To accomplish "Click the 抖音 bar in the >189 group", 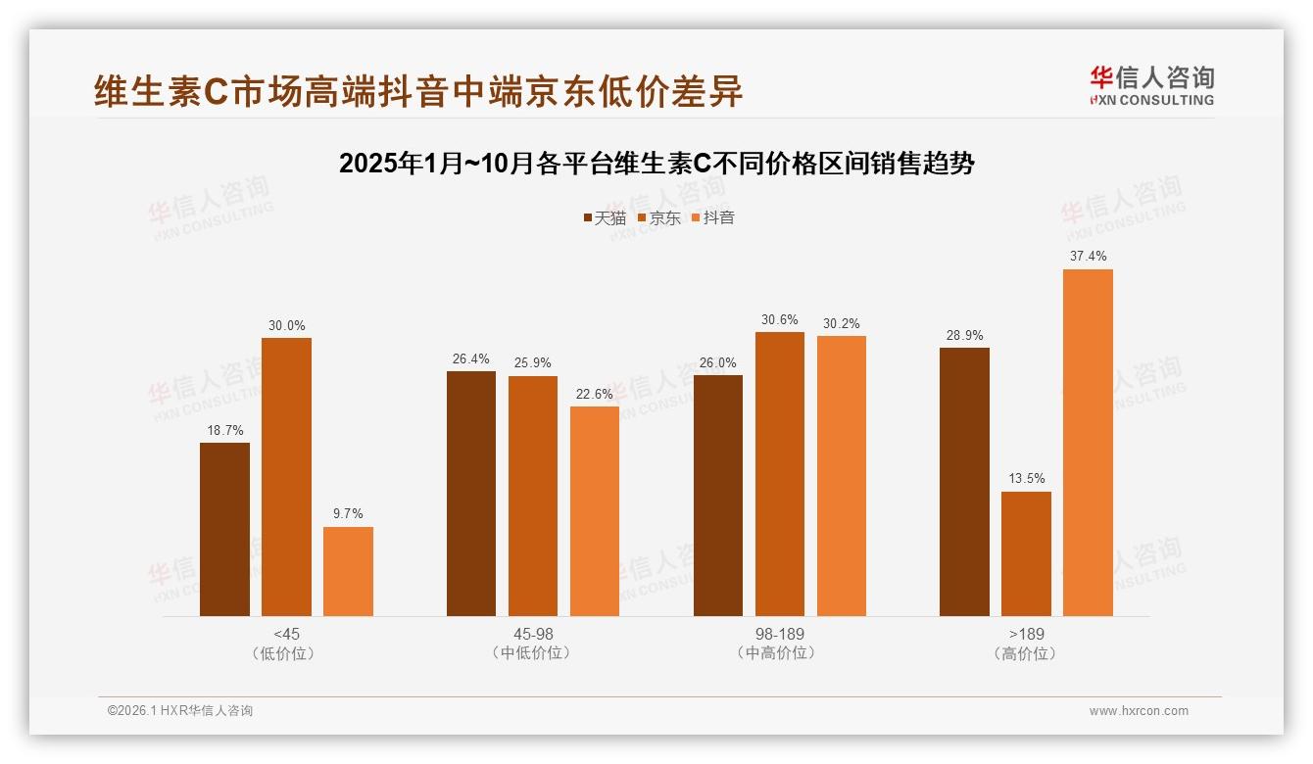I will click(1088, 443).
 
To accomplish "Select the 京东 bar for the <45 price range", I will click(286, 477).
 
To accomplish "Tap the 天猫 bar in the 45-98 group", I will click(471, 494).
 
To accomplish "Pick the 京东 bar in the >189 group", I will click(1026, 553).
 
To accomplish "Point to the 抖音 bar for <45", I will click(348, 571).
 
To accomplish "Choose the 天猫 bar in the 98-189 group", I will click(718, 496).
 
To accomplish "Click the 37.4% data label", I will click(1088, 256).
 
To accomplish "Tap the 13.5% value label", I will click(1026, 478).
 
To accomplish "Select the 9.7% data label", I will click(348, 513).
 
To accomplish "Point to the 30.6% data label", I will click(779, 319).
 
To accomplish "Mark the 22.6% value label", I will click(595, 394).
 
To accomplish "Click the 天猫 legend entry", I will click(605, 217).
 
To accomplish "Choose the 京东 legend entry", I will click(659, 217).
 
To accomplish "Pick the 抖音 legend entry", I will click(713, 217).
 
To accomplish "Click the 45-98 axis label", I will click(533, 634).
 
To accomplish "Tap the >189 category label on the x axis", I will click(1026, 634).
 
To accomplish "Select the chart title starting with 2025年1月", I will click(656, 164).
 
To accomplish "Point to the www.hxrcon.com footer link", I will click(1139, 711).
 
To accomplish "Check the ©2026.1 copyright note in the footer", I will click(180, 711).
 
